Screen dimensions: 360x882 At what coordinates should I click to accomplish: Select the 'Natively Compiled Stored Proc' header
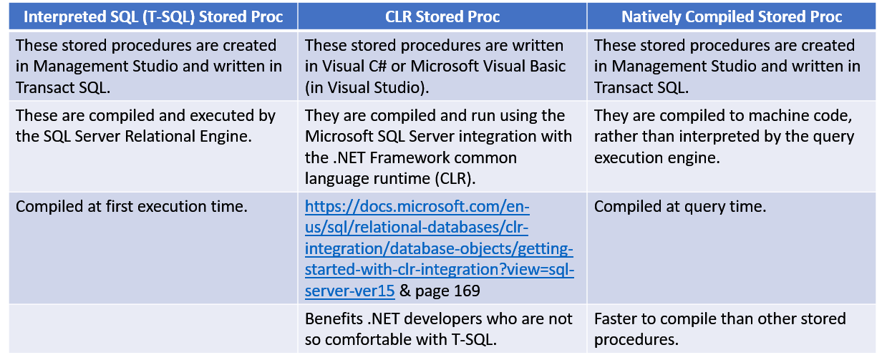[x=732, y=16]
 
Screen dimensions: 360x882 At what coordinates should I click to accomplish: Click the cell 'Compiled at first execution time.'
[x=132, y=208]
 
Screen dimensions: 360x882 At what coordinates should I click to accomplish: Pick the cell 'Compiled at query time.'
[x=680, y=208]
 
